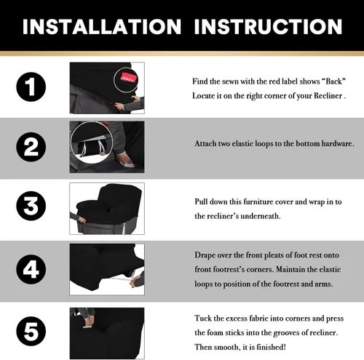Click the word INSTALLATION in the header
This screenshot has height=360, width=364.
point(102,26)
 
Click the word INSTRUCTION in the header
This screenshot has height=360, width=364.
point(268,26)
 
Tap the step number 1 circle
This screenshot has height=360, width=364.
point(31,87)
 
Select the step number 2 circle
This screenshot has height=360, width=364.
point(31,147)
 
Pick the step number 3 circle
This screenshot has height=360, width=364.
point(31,206)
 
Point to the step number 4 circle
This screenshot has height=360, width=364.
point(31,269)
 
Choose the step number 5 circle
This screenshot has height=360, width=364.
point(31,331)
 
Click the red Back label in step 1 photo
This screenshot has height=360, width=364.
point(129,78)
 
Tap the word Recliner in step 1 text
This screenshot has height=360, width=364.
point(328,96)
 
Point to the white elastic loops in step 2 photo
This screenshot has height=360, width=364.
point(92,148)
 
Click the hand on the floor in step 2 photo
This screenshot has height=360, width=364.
point(126,159)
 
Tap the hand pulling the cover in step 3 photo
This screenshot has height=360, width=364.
point(82,220)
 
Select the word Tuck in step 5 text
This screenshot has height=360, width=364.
point(203,318)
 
